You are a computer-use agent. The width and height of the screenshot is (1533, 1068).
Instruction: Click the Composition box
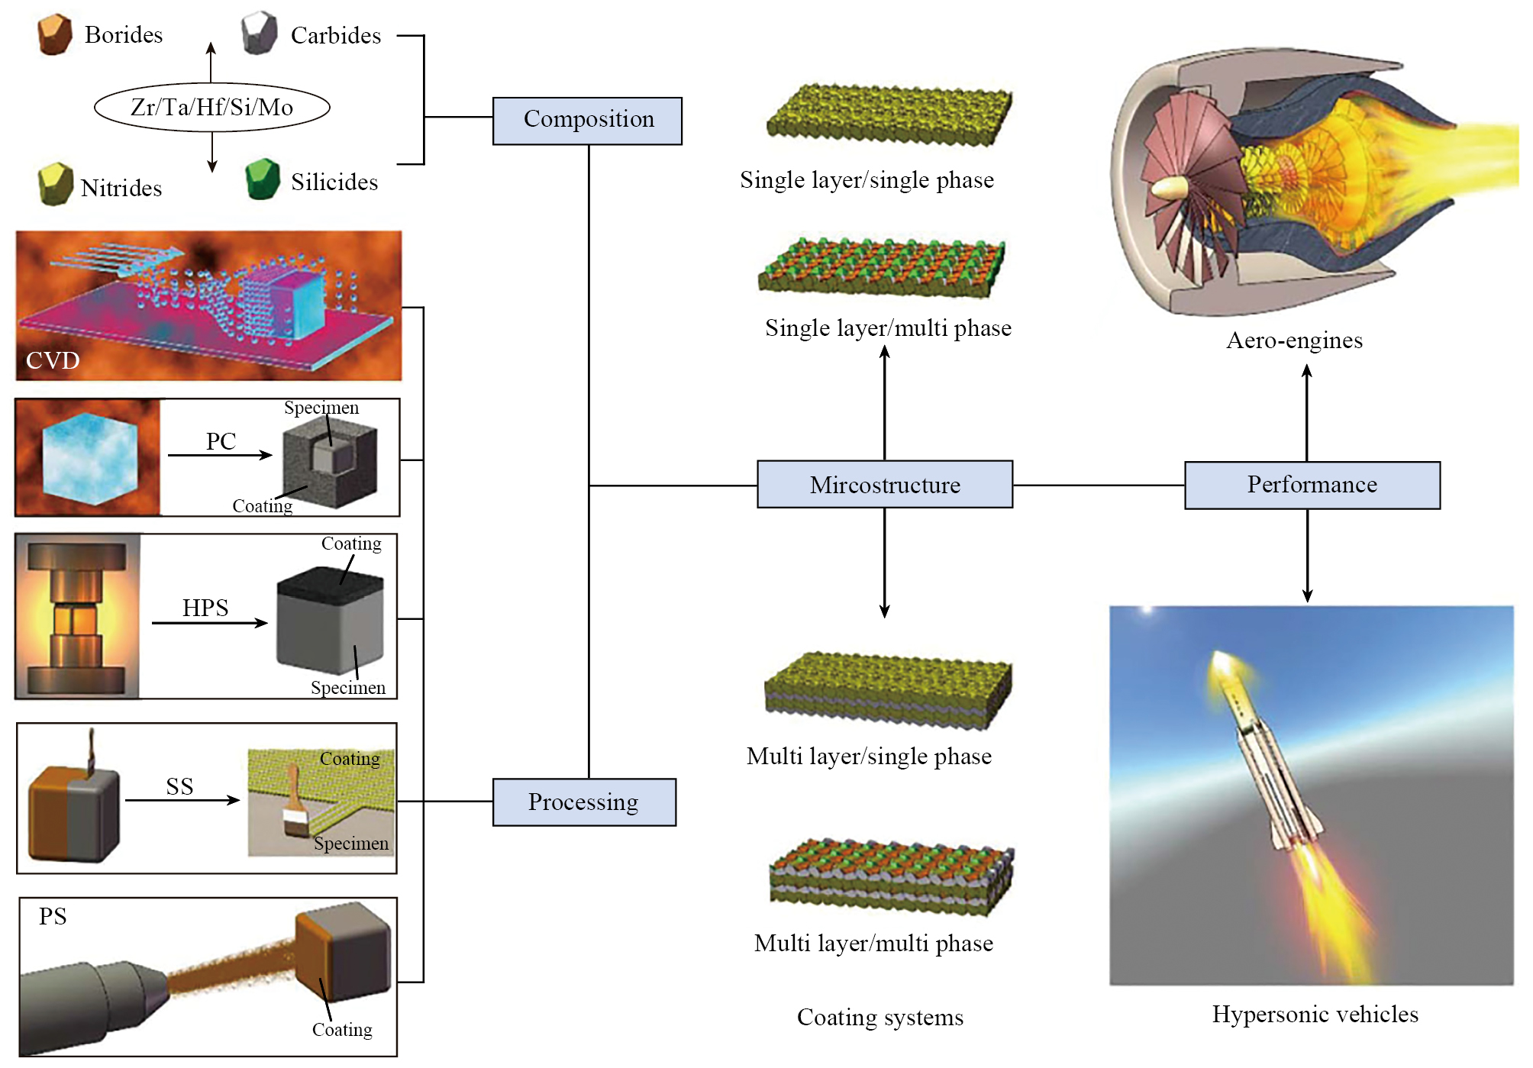tap(587, 121)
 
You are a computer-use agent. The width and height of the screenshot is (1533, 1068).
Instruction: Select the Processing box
tap(584, 802)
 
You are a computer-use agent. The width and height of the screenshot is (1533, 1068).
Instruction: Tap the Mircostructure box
tap(885, 484)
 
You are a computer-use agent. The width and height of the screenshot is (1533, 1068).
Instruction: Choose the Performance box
tap(1312, 485)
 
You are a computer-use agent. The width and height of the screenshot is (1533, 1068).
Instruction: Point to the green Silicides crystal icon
tap(263, 179)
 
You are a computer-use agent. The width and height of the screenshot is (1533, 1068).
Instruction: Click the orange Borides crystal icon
tap(54, 34)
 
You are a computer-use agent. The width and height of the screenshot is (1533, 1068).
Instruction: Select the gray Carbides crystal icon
tap(260, 33)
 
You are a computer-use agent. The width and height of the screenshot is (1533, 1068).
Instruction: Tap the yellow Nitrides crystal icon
tap(55, 184)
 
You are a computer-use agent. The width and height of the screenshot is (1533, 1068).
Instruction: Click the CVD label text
tap(53, 360)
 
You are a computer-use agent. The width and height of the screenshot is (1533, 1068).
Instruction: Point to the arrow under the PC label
tap(220, 455)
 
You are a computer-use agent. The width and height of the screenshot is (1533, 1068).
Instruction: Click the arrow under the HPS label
tap(210, 623)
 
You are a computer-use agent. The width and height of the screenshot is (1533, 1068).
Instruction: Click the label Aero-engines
tap(1294, 340)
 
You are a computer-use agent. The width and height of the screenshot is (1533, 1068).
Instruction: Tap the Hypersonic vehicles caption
tap(1315, 1014)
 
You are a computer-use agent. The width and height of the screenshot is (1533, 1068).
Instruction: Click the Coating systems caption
tap(880, 1017)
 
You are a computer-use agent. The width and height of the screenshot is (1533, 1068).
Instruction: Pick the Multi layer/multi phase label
tap(873, 943)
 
